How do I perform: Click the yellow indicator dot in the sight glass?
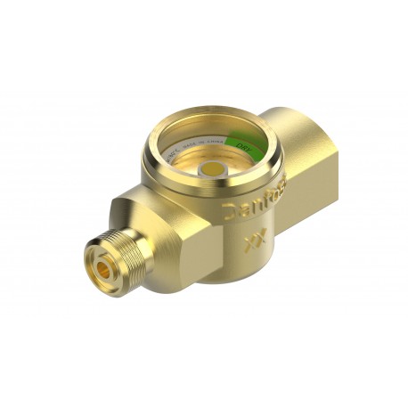point(213,167)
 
